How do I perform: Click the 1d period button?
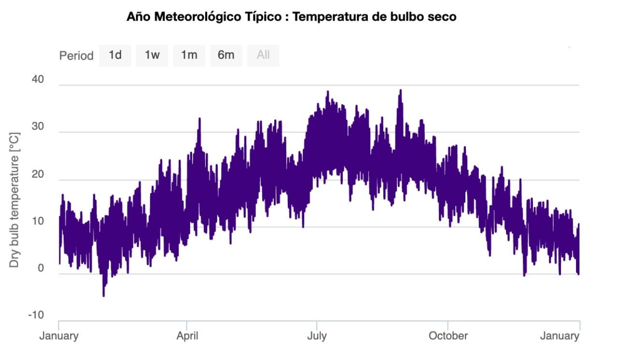115,55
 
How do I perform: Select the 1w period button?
152,55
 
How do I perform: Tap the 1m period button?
189,55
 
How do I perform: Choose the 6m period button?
226,55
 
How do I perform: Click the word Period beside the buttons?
76,55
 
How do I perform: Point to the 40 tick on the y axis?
38,80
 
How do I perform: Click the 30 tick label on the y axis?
38,127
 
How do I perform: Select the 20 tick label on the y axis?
38,174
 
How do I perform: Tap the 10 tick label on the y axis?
38,222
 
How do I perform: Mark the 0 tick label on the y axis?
41,268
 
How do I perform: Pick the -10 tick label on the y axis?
36,315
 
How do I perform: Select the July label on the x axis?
317,335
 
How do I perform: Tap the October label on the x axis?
448,335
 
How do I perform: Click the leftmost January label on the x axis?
58,335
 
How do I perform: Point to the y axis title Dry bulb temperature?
15,199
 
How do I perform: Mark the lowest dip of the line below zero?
103,295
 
